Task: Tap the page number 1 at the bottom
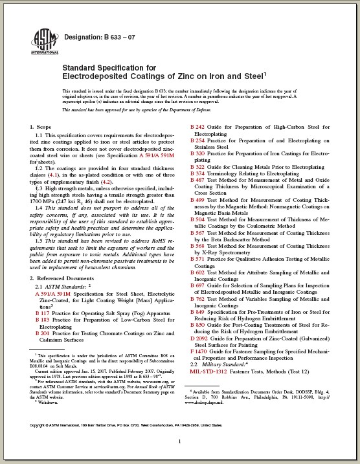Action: (179, 441)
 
